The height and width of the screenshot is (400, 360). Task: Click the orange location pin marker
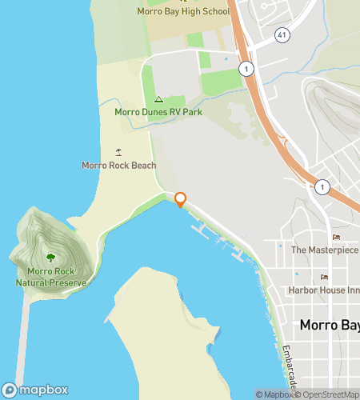(x=181, y=199)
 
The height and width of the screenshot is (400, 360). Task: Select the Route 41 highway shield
(x=281, y=36)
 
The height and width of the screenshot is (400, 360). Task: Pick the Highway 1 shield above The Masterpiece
(x=321, y=186)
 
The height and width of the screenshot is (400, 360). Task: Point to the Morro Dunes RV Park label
(x=158, y=112)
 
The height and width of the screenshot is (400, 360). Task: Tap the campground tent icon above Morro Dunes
(x=158, y=100)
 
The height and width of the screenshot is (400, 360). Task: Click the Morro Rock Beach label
(x=119, y=166)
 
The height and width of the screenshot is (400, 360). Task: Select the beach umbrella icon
(x=119, y=152)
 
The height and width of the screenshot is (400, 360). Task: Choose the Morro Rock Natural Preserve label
(x=51, y=277)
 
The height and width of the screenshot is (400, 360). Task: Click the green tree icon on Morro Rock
(x=51, y=258)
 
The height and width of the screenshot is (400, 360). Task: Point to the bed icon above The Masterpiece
(x=335, y=237)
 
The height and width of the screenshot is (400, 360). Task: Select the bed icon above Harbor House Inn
(x=324, y=277)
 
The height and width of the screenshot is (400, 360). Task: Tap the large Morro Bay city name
(x=329, y=326)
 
